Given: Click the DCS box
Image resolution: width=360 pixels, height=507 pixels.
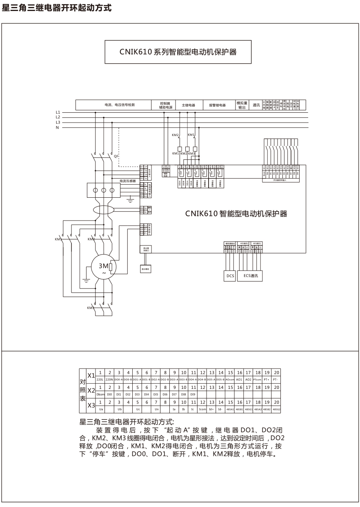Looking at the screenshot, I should pyautogui.click(x=230, y=276).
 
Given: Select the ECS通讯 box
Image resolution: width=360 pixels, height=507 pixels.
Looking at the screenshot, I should pyautogui.click(x=250, y=276).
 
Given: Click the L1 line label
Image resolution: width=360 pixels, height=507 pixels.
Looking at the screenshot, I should pyautogui.click(x=58, y=112).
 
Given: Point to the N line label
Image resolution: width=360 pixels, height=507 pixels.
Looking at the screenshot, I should pyautogui.click(x=58, y=127).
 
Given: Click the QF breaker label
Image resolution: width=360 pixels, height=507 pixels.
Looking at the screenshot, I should pyautogui.click(x=116, y=156).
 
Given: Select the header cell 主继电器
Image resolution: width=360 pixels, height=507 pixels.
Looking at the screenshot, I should pyautogui.click(x=188, y=105).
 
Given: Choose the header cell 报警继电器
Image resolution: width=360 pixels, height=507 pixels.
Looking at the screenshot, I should pyautogui.click(x=217, y=105).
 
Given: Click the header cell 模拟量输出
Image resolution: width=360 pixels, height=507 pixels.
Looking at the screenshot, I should pyautogui.click(x=241, y=105).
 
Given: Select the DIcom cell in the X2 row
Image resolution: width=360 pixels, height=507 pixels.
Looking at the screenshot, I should pyautogui.click(x=100, y=394).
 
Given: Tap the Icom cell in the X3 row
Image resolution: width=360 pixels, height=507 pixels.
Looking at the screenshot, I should pyautogui.click(x=202, y=409).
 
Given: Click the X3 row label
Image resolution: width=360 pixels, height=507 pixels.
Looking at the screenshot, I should pyautogui.click(x=91, y=405).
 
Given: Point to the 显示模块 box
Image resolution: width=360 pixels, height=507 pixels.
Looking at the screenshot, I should pyautogui.click(x=146, y=270).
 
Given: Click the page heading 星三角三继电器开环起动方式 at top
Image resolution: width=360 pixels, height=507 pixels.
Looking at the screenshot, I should pyautogui.click(x=57, y=8).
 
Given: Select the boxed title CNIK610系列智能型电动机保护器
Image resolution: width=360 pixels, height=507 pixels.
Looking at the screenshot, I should pyautogui.click(x=178, y=52).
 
